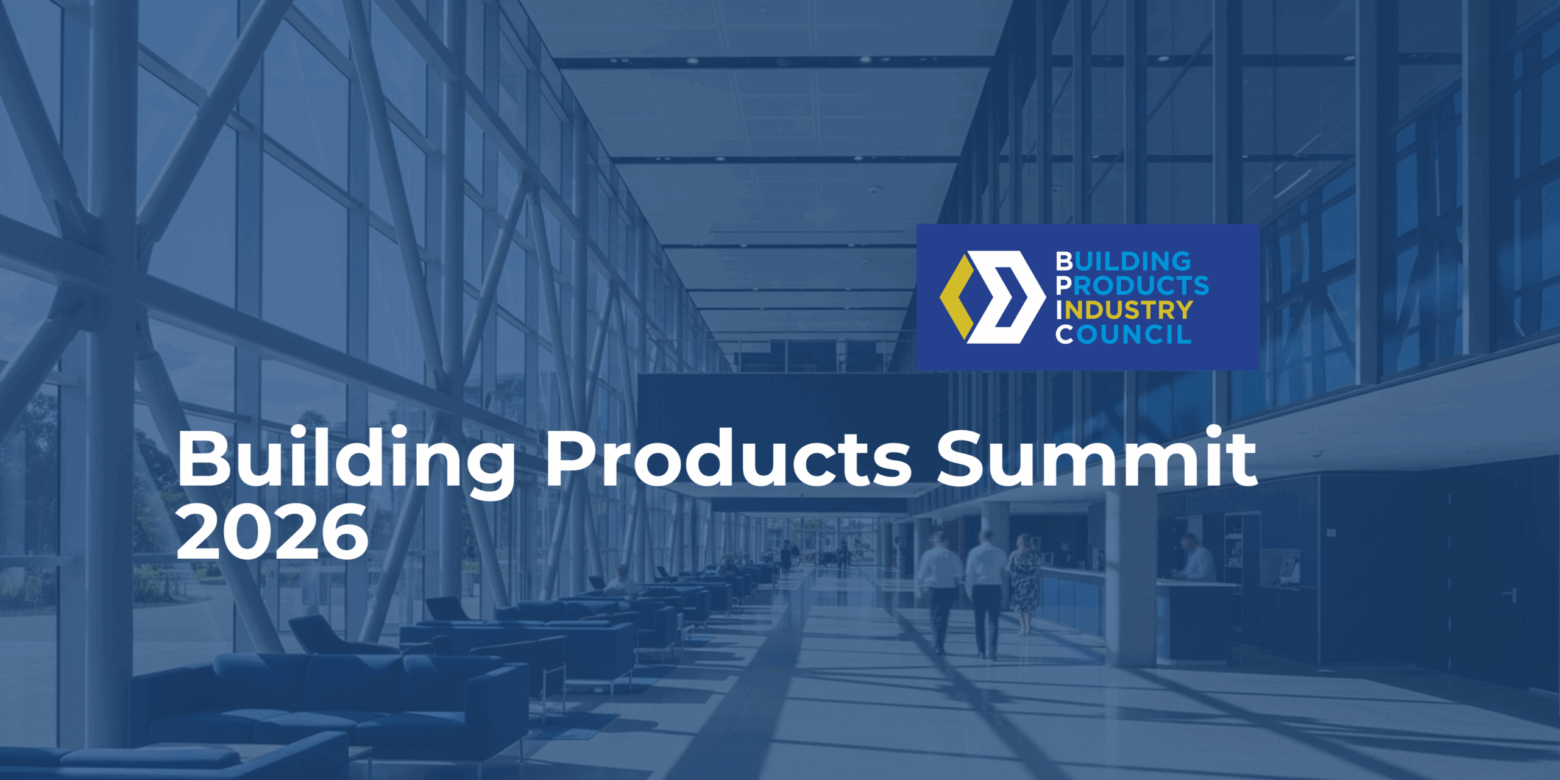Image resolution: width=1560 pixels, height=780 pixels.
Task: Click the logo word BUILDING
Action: point(1123,261)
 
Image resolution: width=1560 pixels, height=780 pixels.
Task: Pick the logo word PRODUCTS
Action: point(1132,286)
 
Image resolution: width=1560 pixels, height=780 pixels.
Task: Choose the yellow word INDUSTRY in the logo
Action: point(1124,310)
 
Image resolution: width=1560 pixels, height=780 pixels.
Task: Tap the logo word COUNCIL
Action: point(1123,335)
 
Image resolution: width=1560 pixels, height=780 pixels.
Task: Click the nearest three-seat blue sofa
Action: point(329,701)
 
